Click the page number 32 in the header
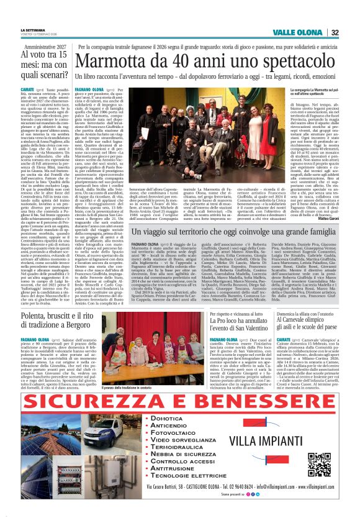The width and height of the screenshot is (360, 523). pyautogui.click(x=335, y=33)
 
